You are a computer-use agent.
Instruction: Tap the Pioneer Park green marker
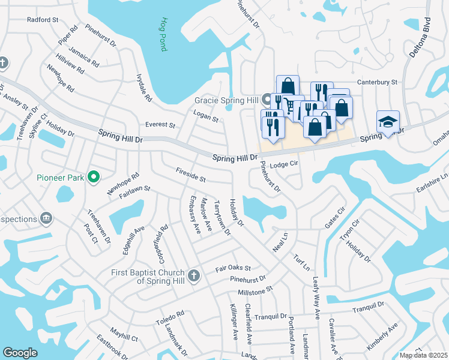coord(93,177)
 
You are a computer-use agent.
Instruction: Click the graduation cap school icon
coord(388,122)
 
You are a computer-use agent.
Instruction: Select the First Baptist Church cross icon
coord(193,276)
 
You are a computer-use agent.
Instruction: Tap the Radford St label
coord(43,20)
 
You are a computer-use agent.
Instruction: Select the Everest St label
coord(160,125)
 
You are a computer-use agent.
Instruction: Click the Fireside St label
coord(191,175)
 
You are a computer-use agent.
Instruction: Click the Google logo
coord(20,353)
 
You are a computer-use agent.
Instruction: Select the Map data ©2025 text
coord(423,355)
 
